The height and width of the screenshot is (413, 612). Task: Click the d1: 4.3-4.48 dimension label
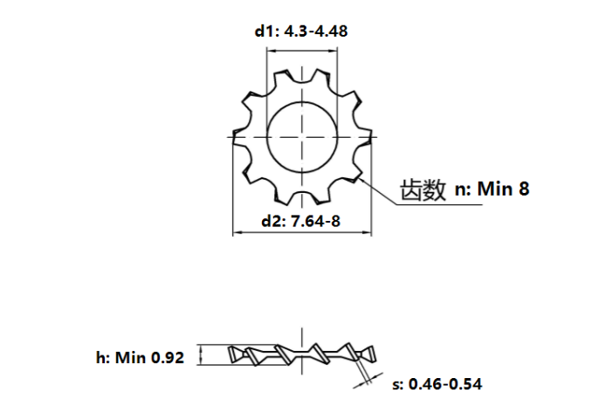pyautogui.click(x=301, y=31)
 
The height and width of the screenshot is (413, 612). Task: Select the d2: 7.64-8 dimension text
pyautogui.click(x=300, y=221)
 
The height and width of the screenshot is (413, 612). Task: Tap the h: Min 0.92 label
pyautogui.click(x=140, y=358)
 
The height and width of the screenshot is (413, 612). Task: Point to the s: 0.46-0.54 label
pyautogui.click(x=437, y=384)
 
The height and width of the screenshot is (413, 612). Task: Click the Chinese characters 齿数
pyautogui.click(x=423, y=189)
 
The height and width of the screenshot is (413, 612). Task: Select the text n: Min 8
pyautogui.click(x=492, y=189)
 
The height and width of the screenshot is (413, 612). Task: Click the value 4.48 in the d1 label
pyautogui.click(x=331, y=31)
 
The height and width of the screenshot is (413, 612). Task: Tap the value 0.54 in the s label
pyautogui.click(x=465, y=384)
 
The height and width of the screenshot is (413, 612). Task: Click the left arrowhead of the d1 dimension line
pyautogui.click(x=271, y=51)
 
